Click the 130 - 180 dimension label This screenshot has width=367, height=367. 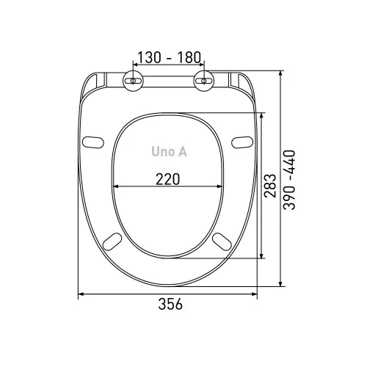[x=169, y=57]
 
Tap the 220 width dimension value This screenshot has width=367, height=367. [x=168, y=179]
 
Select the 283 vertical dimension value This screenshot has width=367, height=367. [x=270, y=186]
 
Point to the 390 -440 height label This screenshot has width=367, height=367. [x=289, y=180]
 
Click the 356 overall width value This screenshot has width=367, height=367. [x=170, y=304]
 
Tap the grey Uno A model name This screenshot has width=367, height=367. [x=169, y=151]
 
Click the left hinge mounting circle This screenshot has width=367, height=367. [x=133, y=81]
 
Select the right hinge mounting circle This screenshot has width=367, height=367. [x=204, y=81]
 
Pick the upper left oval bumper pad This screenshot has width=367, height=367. [x=92, y=142]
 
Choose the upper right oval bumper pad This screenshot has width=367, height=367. [x=242, y=142]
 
